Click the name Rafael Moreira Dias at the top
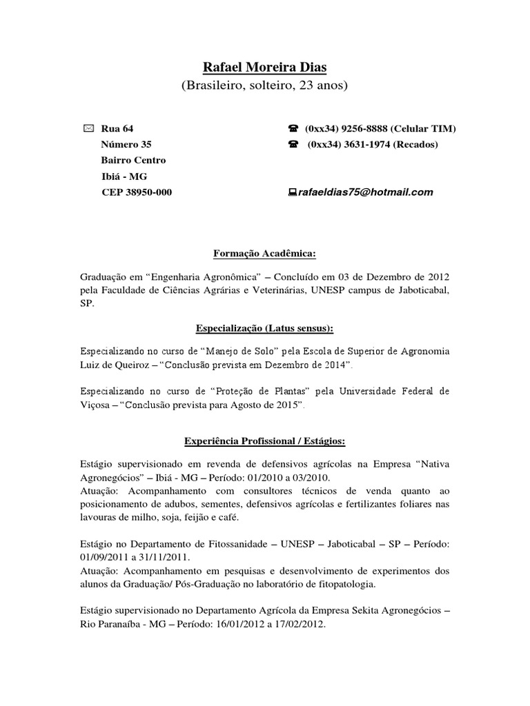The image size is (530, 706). click(264, 67)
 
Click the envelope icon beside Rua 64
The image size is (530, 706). click(88, 129)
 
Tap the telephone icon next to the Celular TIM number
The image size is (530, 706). click(293, 129)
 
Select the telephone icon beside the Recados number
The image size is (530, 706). click(293, 145)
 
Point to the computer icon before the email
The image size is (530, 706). click(293, 192)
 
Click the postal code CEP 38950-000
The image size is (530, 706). click(137, 192)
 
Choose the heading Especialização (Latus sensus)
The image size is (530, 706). click(264, 327)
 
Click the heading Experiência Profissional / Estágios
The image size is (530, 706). click(264, 440)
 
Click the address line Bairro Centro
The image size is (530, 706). click(133, 161)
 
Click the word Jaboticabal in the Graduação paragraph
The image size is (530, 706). click(417, 290)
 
